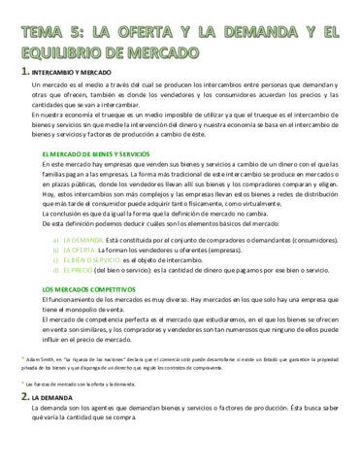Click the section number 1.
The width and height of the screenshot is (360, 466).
(x=24, y=74)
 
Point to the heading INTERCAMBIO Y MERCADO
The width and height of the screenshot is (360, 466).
(x=74, y=75)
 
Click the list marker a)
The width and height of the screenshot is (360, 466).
(x=57, y=237)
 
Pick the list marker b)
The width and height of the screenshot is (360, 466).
(x=57, y=249)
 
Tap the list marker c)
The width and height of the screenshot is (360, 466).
(x=57, y=260)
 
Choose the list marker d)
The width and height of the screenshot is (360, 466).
(x=57, y=272)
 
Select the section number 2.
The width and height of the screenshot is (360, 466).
(x=24, y=398)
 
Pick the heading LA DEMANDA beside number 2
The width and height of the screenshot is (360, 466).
(x=51, y=399)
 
